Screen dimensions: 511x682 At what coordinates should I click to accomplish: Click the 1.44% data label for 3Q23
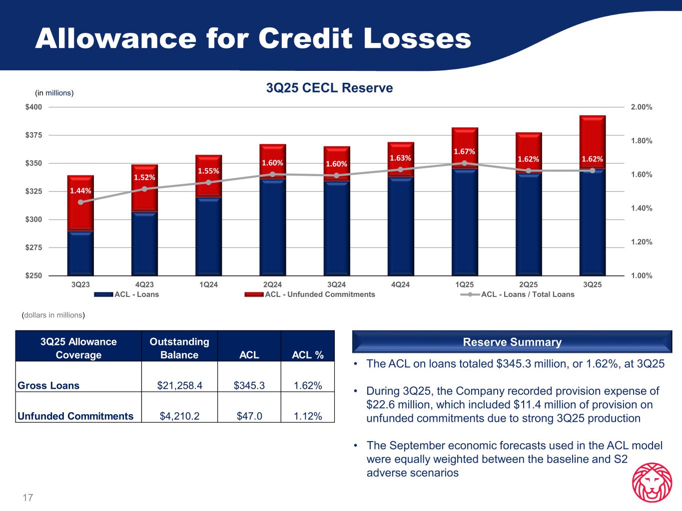(x=81, y=190)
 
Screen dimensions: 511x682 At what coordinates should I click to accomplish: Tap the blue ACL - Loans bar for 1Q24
(x=209, y=236)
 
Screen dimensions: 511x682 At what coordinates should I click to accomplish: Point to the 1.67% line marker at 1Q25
(x=464, y=163)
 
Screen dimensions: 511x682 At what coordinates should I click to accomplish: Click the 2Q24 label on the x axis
(x=272, y=284)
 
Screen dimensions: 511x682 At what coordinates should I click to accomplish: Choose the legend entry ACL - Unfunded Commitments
(x=319, y=294)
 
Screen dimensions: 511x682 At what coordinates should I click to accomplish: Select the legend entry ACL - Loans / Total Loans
(x=527, y=294)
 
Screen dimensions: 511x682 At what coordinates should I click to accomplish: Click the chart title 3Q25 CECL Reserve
(x=330, y=88)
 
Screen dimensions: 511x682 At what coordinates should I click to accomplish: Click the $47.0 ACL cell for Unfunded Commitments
(x=249, y=416)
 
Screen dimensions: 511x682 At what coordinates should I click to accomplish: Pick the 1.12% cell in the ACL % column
(x=308, y=416)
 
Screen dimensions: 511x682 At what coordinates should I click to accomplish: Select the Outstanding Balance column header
(x=179, y=348)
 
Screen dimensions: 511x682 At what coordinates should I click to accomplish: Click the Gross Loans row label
(x=48, y=385)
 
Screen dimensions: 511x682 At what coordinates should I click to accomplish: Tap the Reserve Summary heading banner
(x=512, y=342)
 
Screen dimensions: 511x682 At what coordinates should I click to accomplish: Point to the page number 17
(x=27, y=498)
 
